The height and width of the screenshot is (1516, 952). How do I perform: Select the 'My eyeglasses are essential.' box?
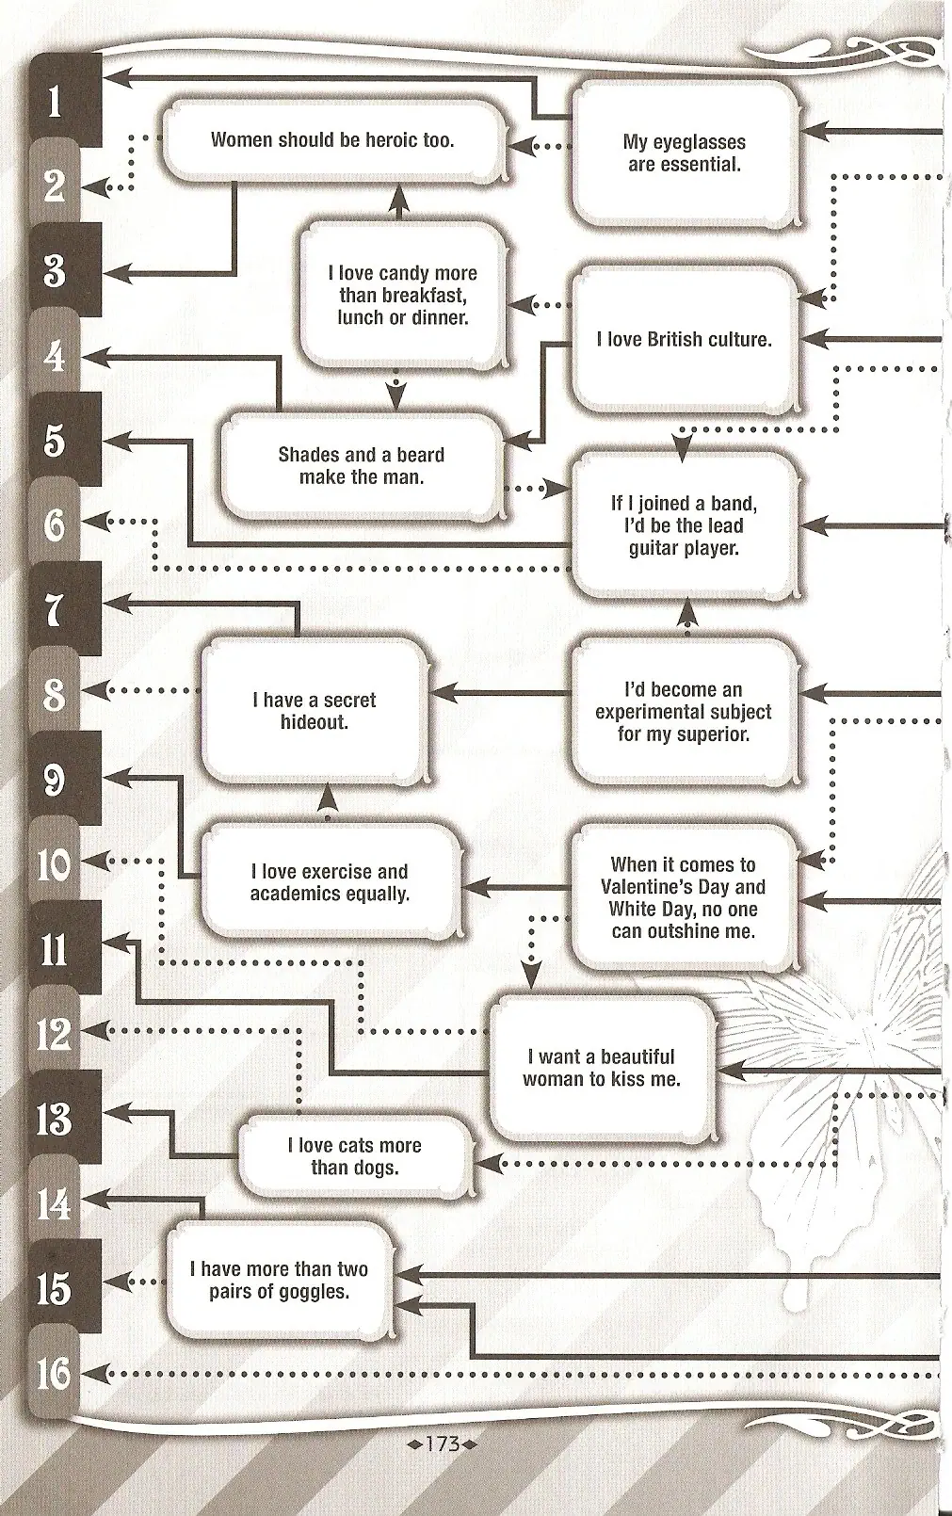coord(685,153)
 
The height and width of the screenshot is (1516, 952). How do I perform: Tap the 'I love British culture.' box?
coord(685,339)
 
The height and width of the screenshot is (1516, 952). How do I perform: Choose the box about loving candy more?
coord(403,295)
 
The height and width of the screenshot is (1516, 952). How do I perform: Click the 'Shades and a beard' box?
coord(362,465)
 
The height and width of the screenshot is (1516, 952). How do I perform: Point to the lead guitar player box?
coord(685,525)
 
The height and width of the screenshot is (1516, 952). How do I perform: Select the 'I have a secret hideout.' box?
coord(315,711)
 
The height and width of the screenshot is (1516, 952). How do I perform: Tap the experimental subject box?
coord(685,711)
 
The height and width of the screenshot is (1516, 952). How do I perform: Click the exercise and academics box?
coord(330,882)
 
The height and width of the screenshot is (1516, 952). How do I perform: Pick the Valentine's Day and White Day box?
coord(685,897)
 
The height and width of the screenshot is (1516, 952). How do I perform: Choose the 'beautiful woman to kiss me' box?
coord(603,1069)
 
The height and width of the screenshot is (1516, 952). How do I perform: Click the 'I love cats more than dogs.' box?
coord(355,1156)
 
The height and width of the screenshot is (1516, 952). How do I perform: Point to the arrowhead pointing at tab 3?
coord(117,274)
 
